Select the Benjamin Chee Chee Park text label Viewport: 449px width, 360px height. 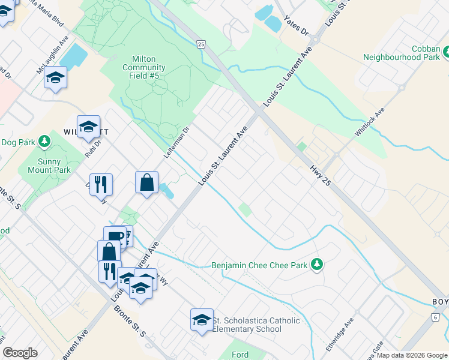point(259,265)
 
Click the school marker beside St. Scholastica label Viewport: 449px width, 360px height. point(202,319)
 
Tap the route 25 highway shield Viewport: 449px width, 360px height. point(200,44)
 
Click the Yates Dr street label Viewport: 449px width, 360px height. point(296,25)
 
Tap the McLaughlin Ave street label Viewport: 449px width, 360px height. point(53,54)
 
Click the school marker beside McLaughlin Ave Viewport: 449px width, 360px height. point(56,77)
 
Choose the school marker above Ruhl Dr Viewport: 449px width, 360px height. point(88,126)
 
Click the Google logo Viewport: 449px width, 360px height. point(20,353)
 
